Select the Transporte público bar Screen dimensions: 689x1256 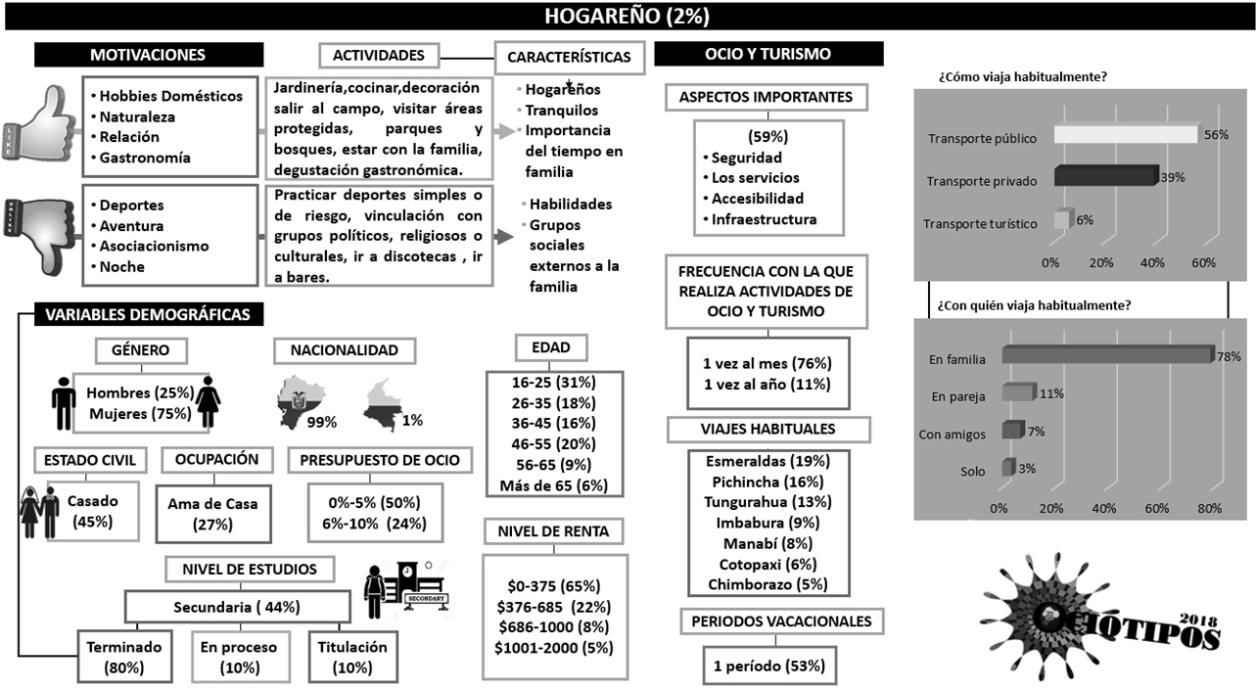click(1126, 137)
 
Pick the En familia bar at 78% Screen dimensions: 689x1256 click(1106, 357)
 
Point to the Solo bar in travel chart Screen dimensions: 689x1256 click(1008, 468)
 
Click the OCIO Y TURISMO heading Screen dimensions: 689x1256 click(768, 54)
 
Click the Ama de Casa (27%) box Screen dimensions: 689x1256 click(212, 514)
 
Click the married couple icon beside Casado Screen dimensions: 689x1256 click(39, 511)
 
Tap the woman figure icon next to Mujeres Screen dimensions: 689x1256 click(208, 401)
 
